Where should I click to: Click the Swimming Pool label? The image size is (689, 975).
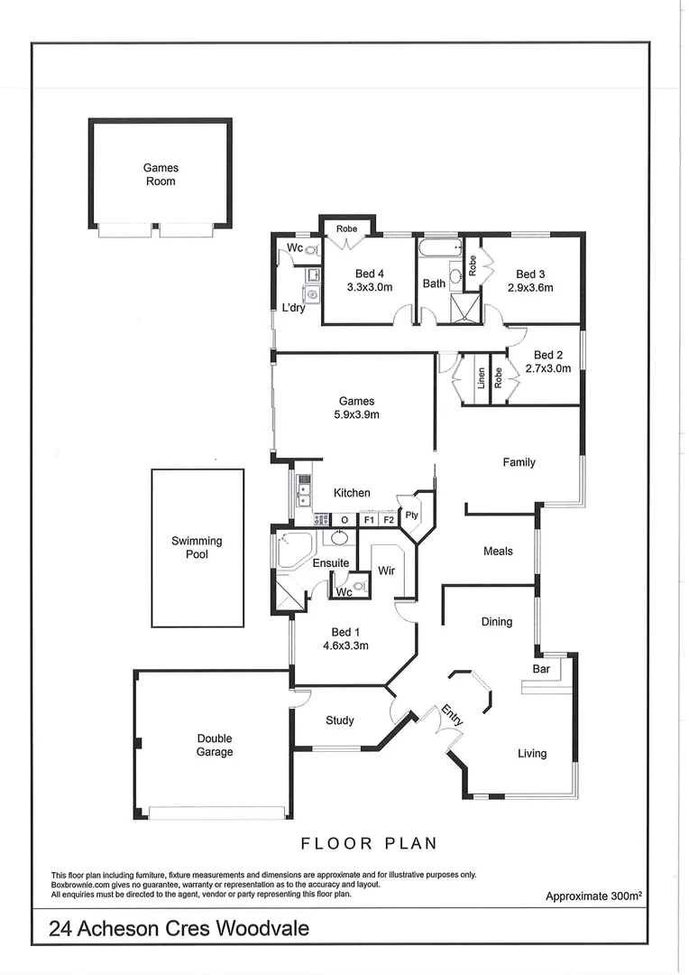click(197, 548)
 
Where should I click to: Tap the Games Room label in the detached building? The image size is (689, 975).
click(161, 174)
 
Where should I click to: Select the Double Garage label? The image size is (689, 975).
click(215, 745)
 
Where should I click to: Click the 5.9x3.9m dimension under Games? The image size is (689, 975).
click(356, 415)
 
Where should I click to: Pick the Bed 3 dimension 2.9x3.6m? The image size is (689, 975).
click(530, 288)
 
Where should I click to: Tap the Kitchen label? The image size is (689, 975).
click(352, 493)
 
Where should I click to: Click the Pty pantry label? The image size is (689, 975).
click(412, 515)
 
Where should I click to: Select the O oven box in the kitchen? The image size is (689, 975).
click(344, 520)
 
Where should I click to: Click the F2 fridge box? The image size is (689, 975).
click(389, 520)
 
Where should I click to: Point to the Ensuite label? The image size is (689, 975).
click(331, 563)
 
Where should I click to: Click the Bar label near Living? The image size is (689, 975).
click(541, 670)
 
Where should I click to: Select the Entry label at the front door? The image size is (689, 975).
click(453, 716)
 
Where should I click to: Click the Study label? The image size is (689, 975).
click(339, 720)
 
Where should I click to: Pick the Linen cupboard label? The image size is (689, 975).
click(482, 377)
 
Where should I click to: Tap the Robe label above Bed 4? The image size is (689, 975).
click(347, 229)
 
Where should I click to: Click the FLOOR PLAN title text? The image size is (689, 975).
click(369, 843)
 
